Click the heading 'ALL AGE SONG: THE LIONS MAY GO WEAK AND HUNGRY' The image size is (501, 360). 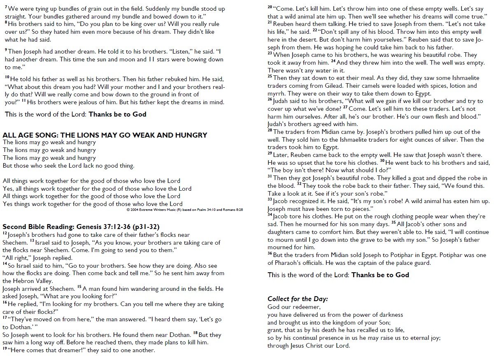(105, 135)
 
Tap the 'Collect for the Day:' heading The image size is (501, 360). (298, 299)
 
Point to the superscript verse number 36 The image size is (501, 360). (270, 253)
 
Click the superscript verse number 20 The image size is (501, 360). (270, 7)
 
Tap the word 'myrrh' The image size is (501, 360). (277, 94)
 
